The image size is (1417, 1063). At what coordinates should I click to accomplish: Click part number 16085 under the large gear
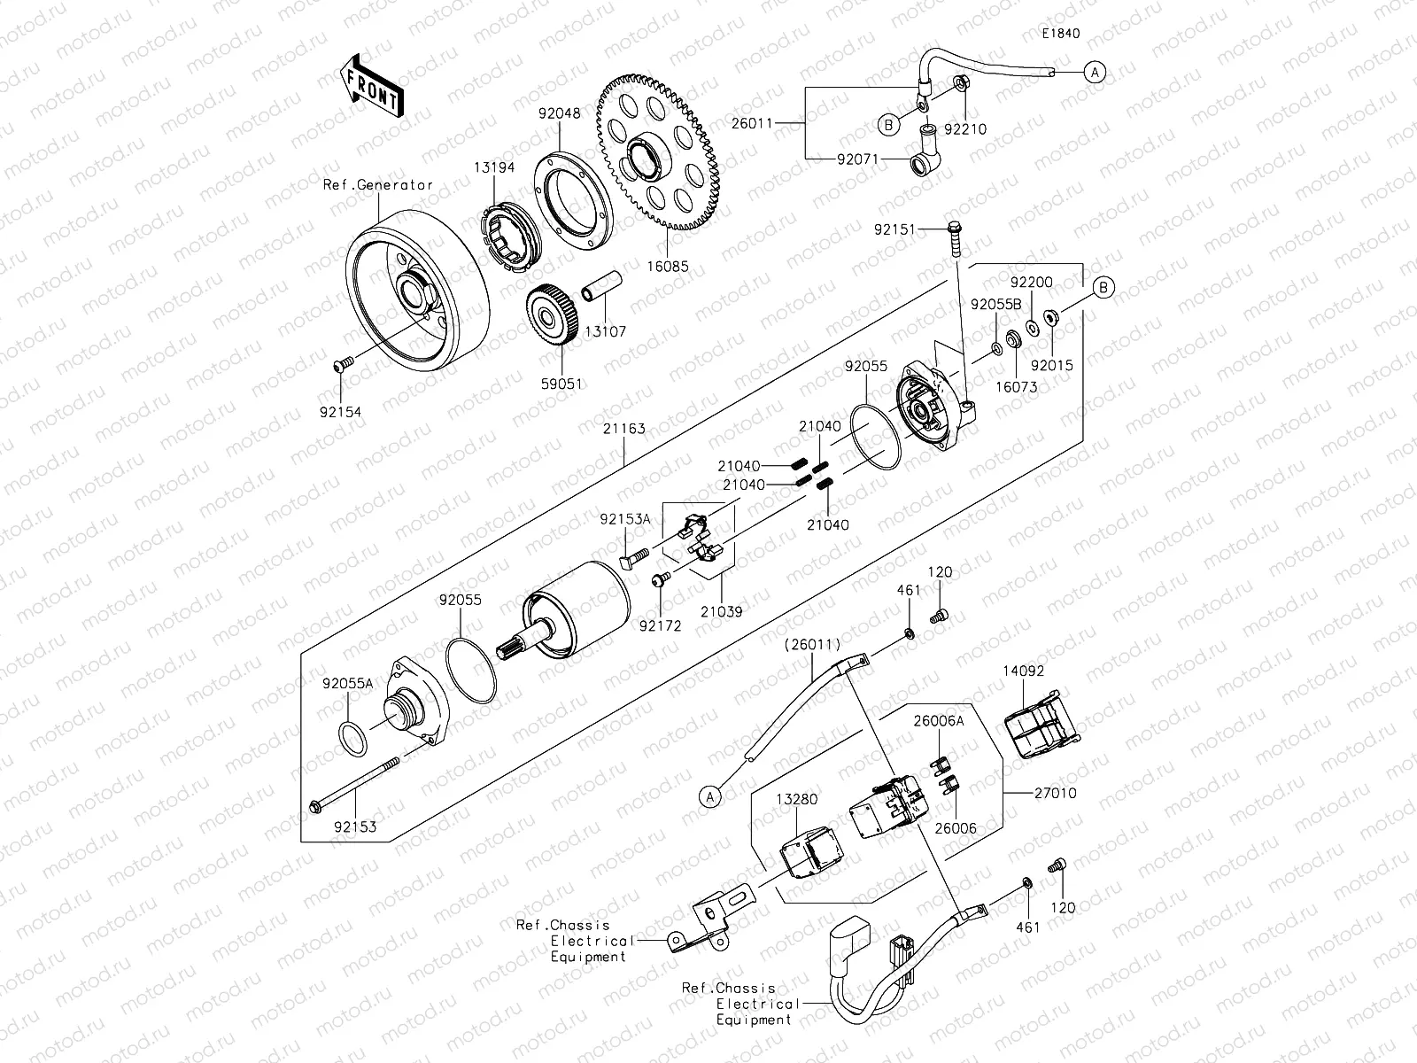(x=668, y=265)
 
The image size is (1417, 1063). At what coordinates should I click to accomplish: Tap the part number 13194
(x=493, y=167)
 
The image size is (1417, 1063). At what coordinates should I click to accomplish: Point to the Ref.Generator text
(x=378, y=185)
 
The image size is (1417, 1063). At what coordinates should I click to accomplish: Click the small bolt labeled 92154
(x=343, y=364)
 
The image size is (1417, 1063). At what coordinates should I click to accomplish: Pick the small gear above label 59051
(x=554, y=315)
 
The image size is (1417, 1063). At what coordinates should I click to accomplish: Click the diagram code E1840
(x=1060, y=34)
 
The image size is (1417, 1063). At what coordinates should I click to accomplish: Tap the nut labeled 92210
(x=961, y=84)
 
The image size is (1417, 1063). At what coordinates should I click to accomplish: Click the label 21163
(x=624, y=429)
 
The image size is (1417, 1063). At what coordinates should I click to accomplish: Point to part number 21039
(x=721, y=611)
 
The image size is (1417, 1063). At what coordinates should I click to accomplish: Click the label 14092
(x=1023, y=671)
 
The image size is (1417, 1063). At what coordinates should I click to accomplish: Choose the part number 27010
(x=1055, y=793)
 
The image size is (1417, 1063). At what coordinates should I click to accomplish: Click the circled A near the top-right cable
(x=1096, y=73)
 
